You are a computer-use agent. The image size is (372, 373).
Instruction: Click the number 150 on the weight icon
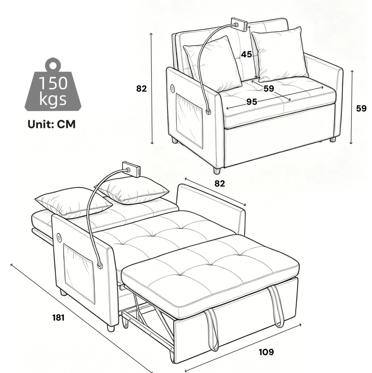click(x=53, y=83)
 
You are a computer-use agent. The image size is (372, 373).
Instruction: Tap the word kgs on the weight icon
click(x=53, y=99)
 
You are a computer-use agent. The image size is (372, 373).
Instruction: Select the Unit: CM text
click(x=52, y=124)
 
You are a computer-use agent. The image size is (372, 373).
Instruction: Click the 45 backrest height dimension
click(x=246, y=55)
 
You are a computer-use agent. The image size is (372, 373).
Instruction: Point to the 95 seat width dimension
click(x=252, y=102)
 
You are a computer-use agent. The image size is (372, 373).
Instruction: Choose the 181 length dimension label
click(x=59, y=318)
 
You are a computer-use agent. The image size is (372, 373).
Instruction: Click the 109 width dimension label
click(x=266, y=352)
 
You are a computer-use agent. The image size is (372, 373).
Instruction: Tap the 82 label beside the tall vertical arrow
click(x=142, y=89)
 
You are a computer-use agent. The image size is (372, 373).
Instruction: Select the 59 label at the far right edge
click(x=361, y=109)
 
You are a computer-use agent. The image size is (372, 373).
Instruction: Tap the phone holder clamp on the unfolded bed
click(x=131, y=169)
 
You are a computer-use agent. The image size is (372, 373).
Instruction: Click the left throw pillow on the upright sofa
click(x=213, y=64)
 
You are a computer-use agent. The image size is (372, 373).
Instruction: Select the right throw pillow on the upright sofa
click(x=280, y=54)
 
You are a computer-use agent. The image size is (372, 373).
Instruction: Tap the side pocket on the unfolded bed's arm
click(x=79, y=274)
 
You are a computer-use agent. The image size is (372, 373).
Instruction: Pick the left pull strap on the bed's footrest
click(x=212, y=329)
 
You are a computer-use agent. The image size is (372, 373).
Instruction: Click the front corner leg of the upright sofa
click(x=217, y=170)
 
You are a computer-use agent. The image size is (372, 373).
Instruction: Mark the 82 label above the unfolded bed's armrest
click(x=219, y=184)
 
